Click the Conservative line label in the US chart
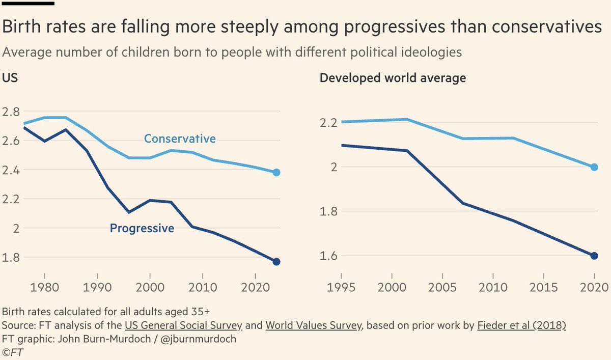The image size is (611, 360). (x=180, y=139)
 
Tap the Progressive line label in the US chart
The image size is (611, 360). (x=142, y=229)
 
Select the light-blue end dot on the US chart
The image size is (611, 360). (x=276, y=173)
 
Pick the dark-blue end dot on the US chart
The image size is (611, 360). (x=276, y=262)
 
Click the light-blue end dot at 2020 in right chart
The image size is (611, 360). (x=594, y=167)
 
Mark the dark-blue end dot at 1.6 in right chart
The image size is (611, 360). (x=594, y=256)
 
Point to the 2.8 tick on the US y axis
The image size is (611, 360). (x=12, y=112)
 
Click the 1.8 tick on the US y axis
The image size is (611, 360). (x=12, y=258)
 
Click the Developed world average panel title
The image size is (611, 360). (x=393, y=78)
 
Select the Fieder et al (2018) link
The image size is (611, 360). (x=521, y=326)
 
